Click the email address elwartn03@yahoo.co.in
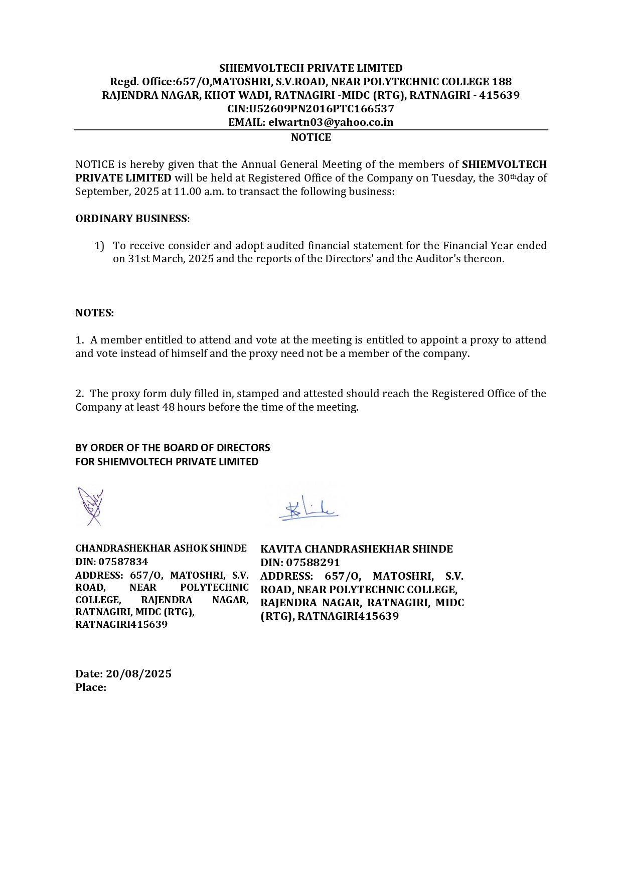point(331,122)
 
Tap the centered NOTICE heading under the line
point(311,137)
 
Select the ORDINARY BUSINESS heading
point(131,219)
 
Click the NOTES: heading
point(95,313)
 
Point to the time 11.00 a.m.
point(199,192)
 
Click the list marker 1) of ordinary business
point(99,246)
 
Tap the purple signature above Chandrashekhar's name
point(90,506)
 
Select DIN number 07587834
point(123,562)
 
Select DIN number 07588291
point(313,563)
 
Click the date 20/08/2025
point(138,674)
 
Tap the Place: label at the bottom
point(91,687)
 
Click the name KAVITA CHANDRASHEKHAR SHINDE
point(357,549)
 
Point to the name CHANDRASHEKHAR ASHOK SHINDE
point(161,549)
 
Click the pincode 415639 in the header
point(499,95)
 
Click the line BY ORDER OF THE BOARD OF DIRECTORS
point(173,448)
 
